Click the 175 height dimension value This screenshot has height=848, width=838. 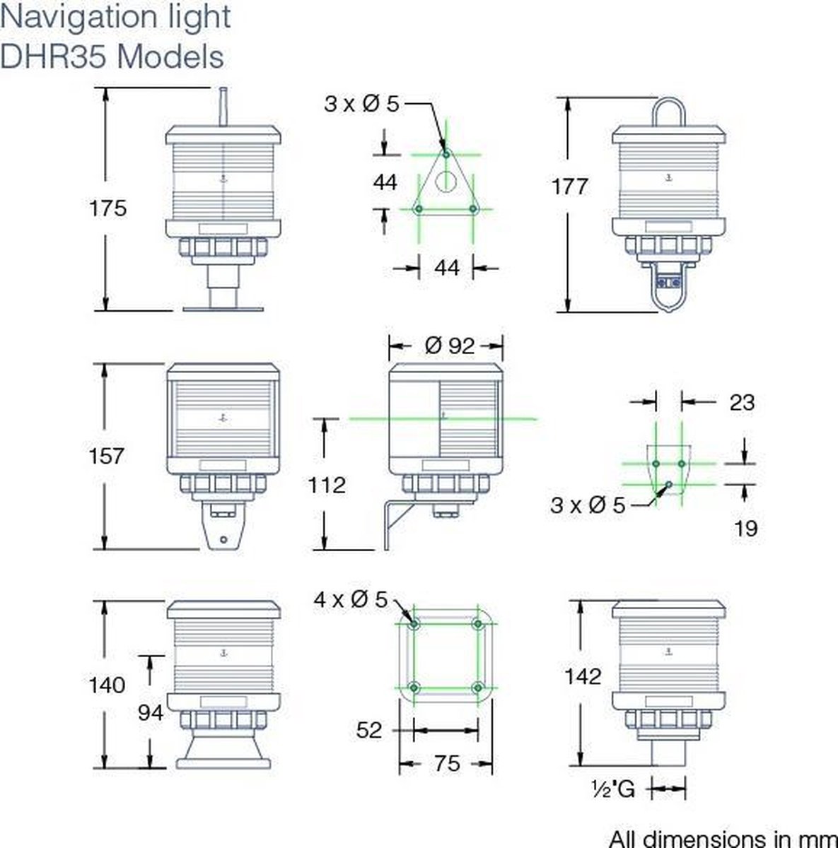(x=107, y=208)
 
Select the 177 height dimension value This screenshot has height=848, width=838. (x=570, y=186)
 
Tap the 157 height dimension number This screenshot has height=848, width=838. (x=107, y=456)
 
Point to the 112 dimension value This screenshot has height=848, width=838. (x=327, y=485)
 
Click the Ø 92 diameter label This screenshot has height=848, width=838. (x=450, y=346)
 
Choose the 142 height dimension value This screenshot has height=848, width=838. (x=583, y=676)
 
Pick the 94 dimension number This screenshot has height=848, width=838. (x=151, y=712)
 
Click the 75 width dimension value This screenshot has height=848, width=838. (x=447, y=763)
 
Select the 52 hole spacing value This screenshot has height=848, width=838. (x=368, y=730)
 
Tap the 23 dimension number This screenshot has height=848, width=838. (x=742, y=402)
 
